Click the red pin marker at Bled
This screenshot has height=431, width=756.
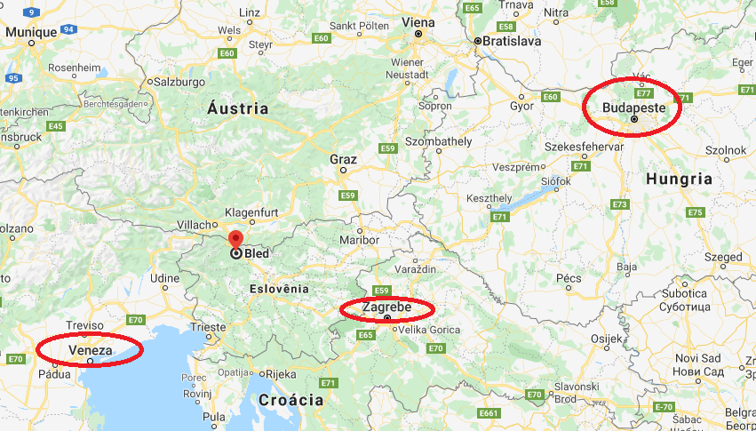(x=235, y=239)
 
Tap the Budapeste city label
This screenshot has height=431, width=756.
(x=633, y=107)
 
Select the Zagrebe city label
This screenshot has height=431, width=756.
(x=386, y=307)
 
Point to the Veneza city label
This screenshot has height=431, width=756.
(x=89, y=350)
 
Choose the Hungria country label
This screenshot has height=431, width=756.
(x=679, y=179)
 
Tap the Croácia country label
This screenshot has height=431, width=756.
(x=290, y=400)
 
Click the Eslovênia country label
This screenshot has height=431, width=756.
(x=279, y=289)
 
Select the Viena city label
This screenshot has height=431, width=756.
(x=418, y=21)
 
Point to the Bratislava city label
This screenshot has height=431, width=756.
(x=514, y=41)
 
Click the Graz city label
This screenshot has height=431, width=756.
(x=343, y=160)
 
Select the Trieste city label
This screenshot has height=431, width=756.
(x=209, y=327)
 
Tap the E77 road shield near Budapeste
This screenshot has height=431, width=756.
(x=644, y=92)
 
